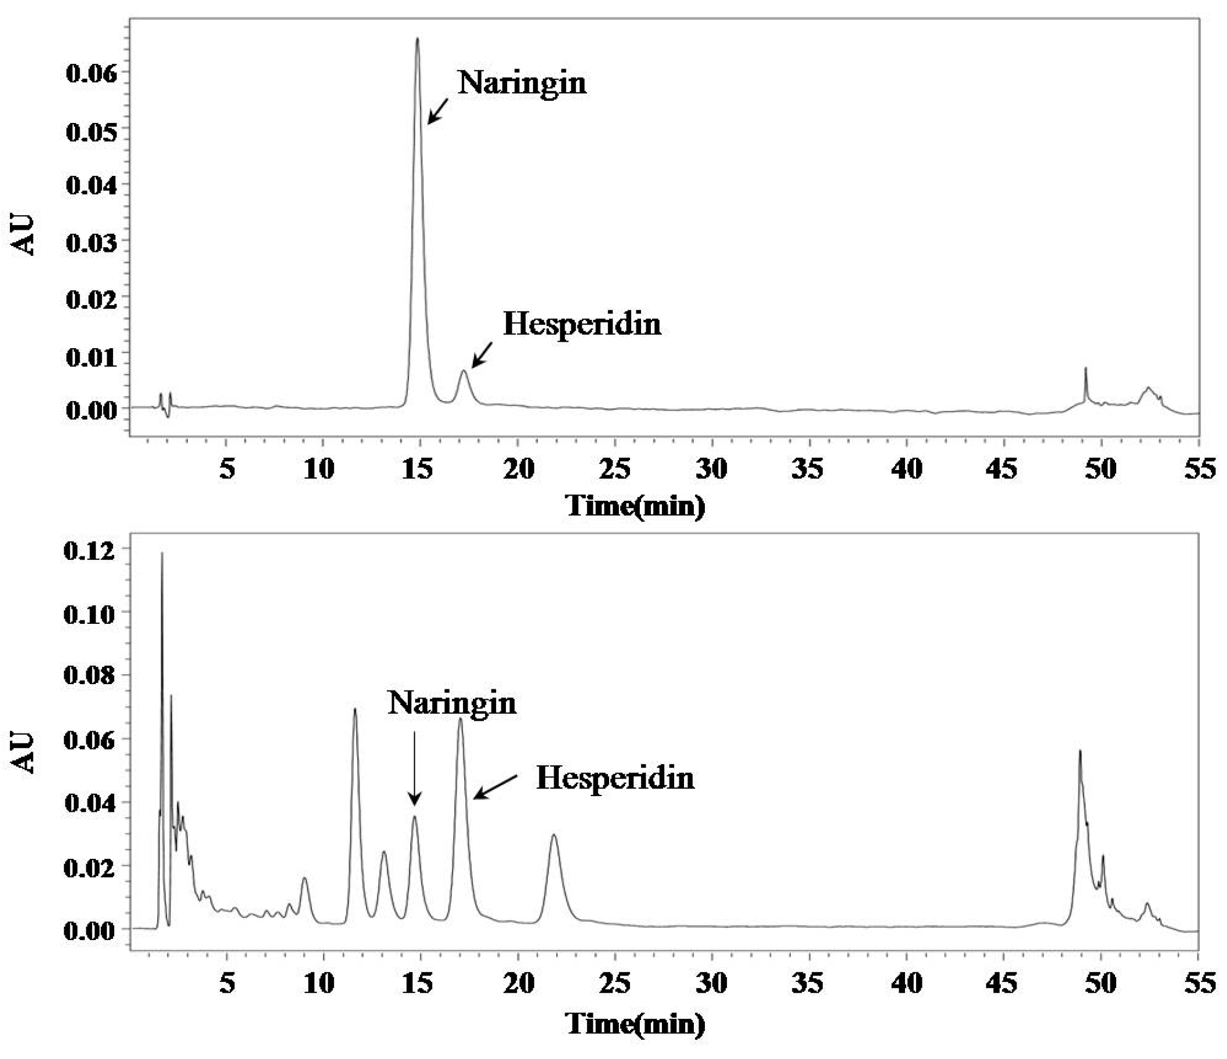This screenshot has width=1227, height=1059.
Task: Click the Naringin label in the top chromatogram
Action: (x=522, y=84)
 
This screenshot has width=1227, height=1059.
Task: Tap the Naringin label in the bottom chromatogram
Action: (x=452, y=704)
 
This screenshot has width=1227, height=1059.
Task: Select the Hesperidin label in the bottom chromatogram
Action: (x=615, y=778)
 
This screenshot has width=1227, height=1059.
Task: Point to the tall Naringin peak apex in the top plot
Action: (x=418, y=39)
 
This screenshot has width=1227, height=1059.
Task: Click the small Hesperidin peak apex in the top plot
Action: (x=464, y=371)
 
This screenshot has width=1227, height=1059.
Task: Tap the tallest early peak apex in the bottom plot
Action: (x=162, y=554)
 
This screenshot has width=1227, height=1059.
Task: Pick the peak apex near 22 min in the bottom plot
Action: (x=553, y=835)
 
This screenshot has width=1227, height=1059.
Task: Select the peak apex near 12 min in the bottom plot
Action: (x=354, y=709)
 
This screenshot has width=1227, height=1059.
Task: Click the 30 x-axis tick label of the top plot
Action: (x=711, y=469)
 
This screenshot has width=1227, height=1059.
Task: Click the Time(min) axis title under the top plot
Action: (x=635, y=506)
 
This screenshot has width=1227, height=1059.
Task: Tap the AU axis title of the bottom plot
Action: (x=24, y=752)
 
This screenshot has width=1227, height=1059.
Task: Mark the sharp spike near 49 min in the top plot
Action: (x=1085, y=368)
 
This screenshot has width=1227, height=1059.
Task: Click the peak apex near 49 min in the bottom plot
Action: (x=1080, y=751)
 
